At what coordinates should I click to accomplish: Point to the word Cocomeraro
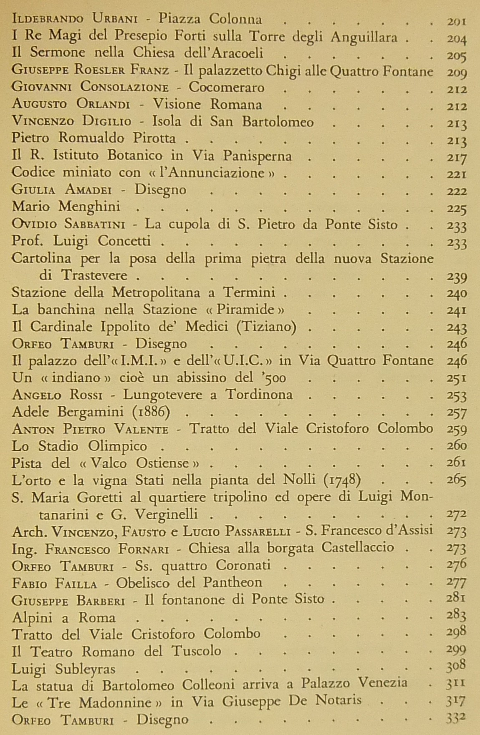(x=227, y=87)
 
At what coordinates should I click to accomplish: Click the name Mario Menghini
(x=66, y=206)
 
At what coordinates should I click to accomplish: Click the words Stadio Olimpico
(x=92, y=446)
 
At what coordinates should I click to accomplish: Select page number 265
(x=456, y=480)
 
